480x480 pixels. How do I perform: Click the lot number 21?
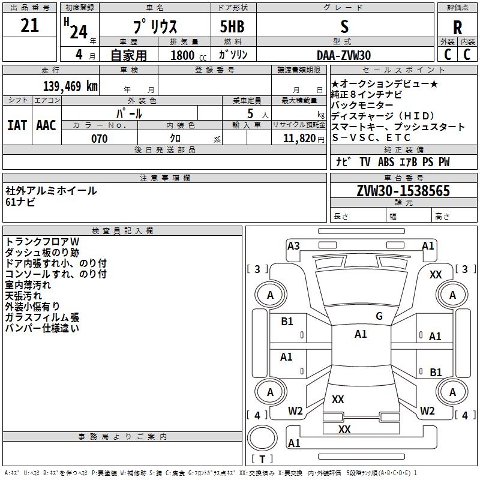(29, 26)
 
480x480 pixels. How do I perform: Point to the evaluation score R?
(458, 28)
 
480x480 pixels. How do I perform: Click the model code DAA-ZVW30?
(344, 55)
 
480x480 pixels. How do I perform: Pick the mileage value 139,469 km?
(70, 86)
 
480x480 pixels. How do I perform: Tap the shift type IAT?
(17, 125)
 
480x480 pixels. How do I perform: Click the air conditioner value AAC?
(46, 125)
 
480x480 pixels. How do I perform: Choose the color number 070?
(99, 139)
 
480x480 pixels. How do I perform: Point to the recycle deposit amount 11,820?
(298, 139)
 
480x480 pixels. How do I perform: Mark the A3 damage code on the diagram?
(293, 245)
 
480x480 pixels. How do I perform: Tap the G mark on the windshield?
(379, 316)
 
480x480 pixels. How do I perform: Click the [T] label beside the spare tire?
(262, 460)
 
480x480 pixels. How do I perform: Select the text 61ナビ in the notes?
(20, 202)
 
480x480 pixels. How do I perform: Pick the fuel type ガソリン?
(233, 55)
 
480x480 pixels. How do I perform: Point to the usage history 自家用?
(128, 55)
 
